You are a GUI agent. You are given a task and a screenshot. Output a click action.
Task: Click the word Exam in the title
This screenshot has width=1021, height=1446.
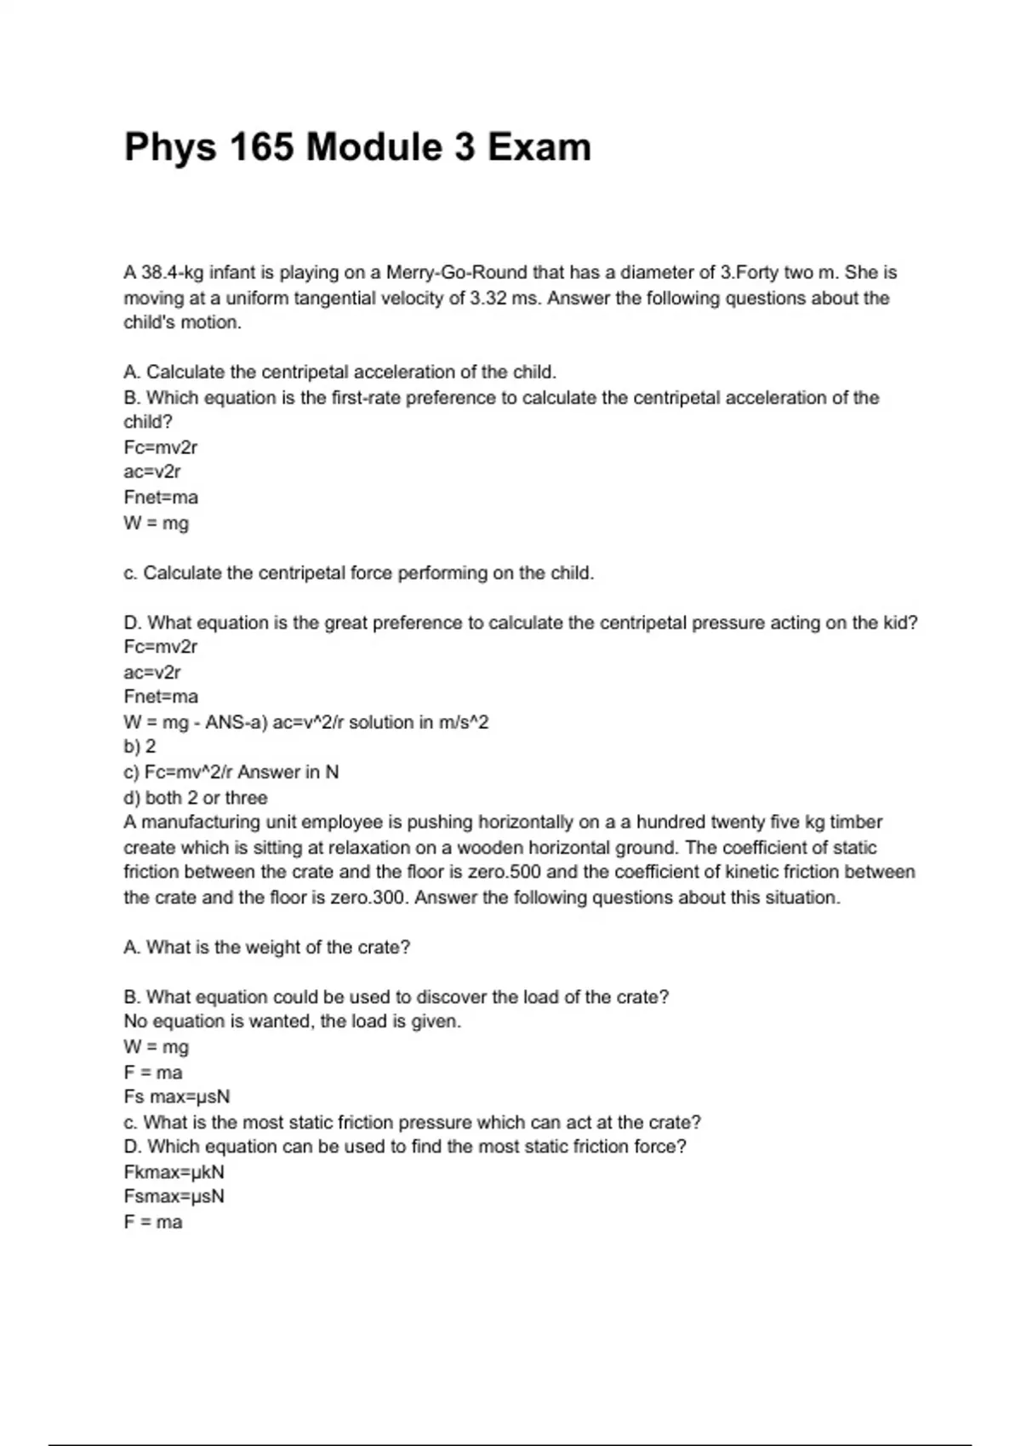(x=539, y=147)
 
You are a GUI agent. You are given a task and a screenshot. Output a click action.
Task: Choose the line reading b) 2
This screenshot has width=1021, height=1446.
(x=140, y=747)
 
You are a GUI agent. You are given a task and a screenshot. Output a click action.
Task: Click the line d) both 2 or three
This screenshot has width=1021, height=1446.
(x=196, y=798)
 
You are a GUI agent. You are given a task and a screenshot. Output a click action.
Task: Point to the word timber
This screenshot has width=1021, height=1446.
(x=856, y=823)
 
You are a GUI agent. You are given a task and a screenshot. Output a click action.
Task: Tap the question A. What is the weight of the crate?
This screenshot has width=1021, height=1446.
(x=267, y=948)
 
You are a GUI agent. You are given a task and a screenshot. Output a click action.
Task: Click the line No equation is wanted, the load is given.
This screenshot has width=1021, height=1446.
(x=292, y=1022)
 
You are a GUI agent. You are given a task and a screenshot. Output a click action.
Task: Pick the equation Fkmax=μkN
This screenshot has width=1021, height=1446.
(x=174, y=1172)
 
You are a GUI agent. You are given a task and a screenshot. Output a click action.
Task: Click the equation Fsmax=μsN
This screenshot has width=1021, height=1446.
(x=174, y=1197)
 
